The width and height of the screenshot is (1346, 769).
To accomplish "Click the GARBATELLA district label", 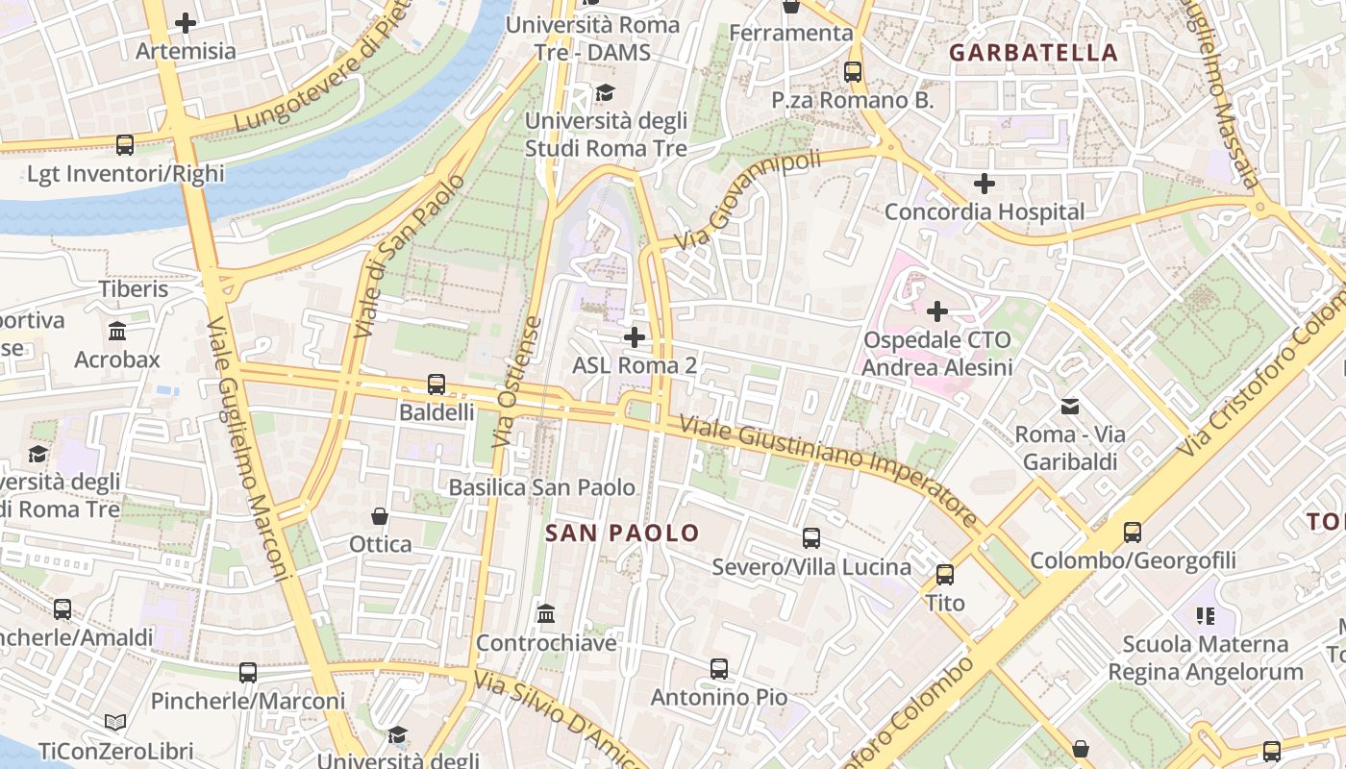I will pos(1034,53).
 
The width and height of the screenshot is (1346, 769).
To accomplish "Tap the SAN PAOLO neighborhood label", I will pos(622,533).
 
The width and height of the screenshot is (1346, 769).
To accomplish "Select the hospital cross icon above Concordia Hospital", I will pos(984,183).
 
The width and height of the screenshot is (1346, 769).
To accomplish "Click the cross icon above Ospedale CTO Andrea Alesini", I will pos(936,310).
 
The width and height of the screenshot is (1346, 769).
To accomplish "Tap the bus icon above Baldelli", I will pos(436,384).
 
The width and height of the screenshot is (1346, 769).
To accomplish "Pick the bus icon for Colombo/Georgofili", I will pos(1132,532).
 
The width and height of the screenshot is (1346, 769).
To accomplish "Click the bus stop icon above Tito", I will pos(944,574).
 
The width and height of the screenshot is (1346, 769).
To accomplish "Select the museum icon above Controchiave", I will pos(546,613).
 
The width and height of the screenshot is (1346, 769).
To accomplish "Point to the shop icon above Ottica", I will pos(380,516).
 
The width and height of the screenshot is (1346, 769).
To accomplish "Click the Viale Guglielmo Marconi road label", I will pos(248,448).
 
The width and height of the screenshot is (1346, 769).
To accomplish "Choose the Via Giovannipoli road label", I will pos(748,199).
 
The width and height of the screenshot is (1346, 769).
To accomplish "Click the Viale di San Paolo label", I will pos(395,255).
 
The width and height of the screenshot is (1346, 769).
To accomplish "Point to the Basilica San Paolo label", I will pos(542,487).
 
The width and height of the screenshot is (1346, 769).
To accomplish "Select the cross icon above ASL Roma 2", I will pos(634,336).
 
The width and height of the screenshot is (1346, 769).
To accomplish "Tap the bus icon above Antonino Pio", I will pos(718,668).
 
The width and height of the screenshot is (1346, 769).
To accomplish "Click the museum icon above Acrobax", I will pos(117,331).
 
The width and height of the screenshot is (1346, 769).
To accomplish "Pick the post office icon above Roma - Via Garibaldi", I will pos(1069,406).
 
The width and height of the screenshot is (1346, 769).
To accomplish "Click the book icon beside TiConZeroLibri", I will pos(115,722).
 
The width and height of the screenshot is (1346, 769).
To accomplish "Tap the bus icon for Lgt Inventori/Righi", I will pos(125,145).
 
